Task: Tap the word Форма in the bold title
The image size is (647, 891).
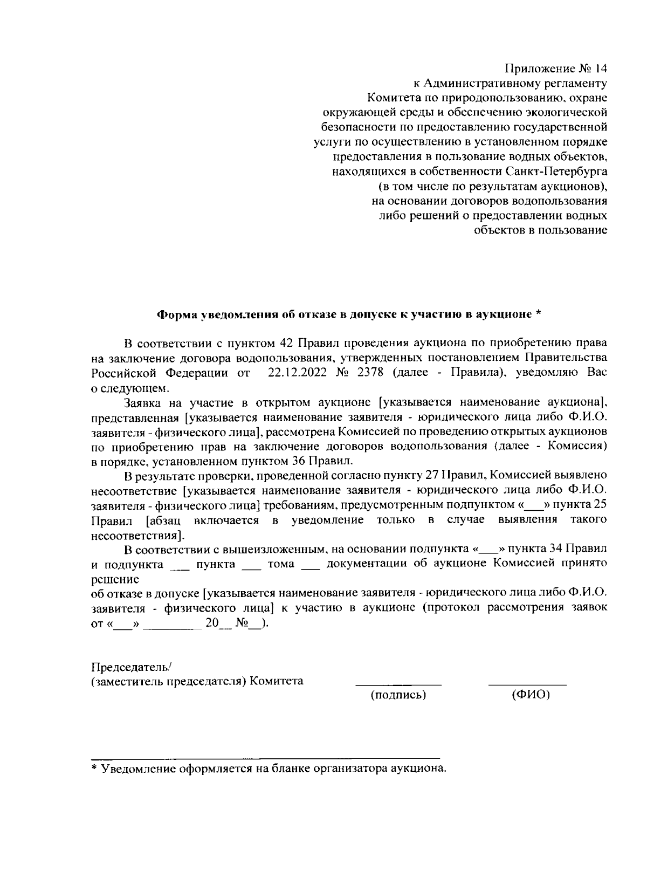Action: tap(176, 314)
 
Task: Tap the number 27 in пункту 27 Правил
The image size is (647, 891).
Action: tap(431, 476)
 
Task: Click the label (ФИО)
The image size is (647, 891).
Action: tap(531, 695)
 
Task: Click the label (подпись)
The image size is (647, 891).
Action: tap(398, 695)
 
